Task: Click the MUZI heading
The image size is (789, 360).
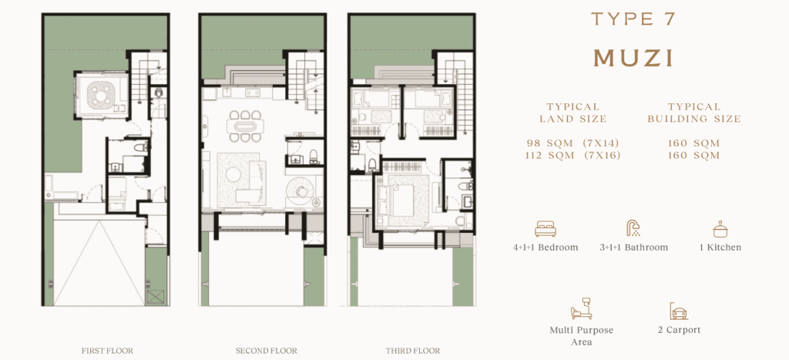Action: click(633, 59)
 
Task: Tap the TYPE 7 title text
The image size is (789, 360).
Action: click(633, 19)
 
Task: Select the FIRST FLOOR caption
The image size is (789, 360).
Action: click(108, 351)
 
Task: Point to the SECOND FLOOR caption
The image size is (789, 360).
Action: click(267, 351)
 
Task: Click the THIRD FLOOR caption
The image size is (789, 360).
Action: click(413, 351)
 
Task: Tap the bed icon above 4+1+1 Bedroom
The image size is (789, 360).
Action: click(546, 229)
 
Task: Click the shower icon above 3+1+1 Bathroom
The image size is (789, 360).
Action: click(633, 229)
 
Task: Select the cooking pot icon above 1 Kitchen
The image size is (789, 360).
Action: click(721, 229)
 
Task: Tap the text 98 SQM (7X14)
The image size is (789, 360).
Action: click(572, 143)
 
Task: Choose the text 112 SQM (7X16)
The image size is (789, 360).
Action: click(572, 156)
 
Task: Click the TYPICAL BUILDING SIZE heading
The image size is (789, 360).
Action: click(694, 113)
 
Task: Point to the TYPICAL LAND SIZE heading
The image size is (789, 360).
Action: click(572, 113)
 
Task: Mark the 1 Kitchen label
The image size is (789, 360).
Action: click(721, 247)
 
